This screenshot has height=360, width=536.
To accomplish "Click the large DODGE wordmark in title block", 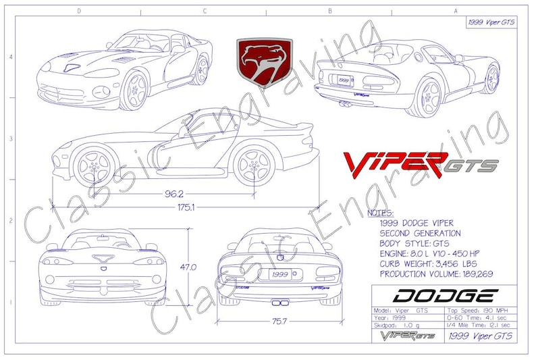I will pyautogui.click(x=445, y=295).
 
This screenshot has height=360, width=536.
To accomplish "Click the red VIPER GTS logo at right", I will pyautogui.click(x=421, y=163).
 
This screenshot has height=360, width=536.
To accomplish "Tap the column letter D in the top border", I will pyautogui.click(x=79, y=11).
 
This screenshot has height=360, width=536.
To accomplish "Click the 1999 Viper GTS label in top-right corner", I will pyautogui.click(x=491, y=22).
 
